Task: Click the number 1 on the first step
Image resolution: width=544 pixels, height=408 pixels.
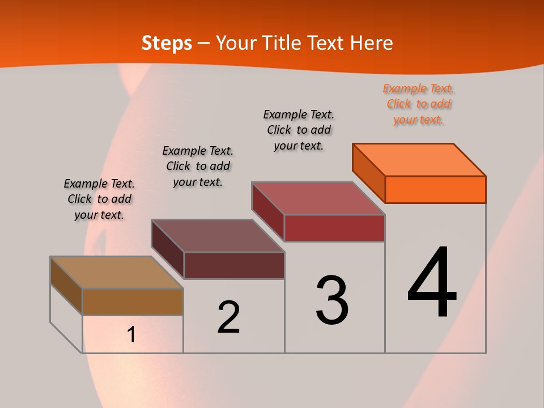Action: pos(131,334)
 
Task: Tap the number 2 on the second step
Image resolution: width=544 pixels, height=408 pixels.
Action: pos(228,317)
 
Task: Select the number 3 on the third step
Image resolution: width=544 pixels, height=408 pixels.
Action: pos(332,300)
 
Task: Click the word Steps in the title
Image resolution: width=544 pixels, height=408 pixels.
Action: pos(167,43)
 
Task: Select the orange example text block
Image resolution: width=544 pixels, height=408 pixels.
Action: pos(418,104)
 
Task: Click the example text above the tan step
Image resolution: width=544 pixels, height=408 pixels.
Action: pos(99,199)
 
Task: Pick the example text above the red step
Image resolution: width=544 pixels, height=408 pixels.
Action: pos(299,130)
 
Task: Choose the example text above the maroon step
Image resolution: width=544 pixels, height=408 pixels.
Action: pos(198,166)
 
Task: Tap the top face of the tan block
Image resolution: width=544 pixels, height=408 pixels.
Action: pos(117,273)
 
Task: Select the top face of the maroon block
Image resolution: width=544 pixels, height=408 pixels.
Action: pos(218,236)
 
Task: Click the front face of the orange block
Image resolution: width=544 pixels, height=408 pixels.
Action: pos(435,189)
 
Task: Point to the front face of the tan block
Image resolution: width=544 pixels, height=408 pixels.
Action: pos(133,301)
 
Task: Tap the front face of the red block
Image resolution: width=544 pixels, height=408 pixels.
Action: pos(334,228)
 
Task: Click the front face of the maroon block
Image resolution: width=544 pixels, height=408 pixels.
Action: pos(234,265)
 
